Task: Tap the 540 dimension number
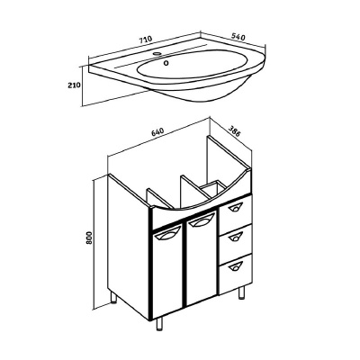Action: (x=238, y=37)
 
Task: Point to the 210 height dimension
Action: (x=74, y=85)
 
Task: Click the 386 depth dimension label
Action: (x=234, y=131)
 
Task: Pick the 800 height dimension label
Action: (x=89, y=238)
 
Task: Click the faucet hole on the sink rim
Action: (x=157, y=54)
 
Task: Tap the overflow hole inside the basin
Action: (x=166, y=63)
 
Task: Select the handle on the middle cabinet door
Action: (x=201, y=221)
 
